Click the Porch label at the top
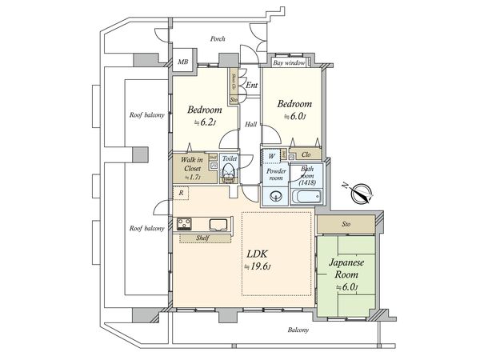[217, 38]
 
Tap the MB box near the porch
[183, 62]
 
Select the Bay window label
[290, 62]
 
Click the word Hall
[250, 124]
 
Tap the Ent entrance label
[251, 85]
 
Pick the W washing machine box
[272, 154]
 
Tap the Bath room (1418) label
[307, 177]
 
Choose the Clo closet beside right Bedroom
[306, 154]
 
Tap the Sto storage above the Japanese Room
[346, 225]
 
